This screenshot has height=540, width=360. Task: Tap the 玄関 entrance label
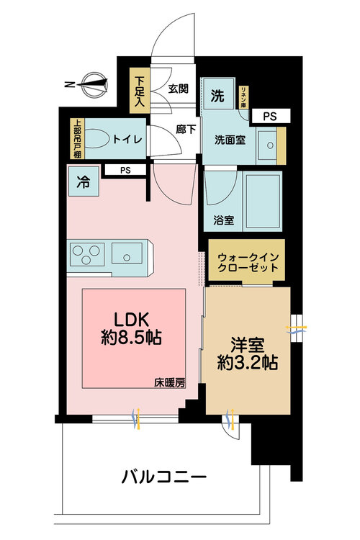click(x=179, y=89)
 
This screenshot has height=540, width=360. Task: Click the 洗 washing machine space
click(x=217, y=94)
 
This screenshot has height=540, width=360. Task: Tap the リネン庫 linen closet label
click(x=246, y=94)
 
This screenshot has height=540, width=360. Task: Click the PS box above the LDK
click(x=126, y=171)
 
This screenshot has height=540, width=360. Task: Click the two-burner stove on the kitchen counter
click(x=87, y=254)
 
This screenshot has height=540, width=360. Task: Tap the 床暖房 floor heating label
click(x=169, y=382)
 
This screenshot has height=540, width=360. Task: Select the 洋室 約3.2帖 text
click(x=248, y=353)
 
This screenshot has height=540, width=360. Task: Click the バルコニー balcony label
click(x=164, y=477)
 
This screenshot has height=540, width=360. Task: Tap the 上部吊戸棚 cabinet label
click(x=76, y=138)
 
